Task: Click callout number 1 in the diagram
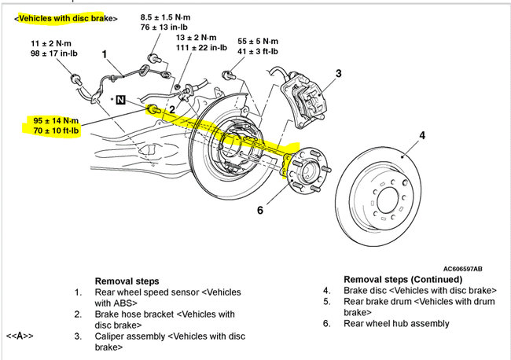(104, 54)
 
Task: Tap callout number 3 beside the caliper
(338, 74)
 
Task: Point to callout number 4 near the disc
(422, 135)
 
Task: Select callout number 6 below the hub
(260, 209)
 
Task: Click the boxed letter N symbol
(120, 100)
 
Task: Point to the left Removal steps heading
(127, 280)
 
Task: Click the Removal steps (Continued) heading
(403, 279)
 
